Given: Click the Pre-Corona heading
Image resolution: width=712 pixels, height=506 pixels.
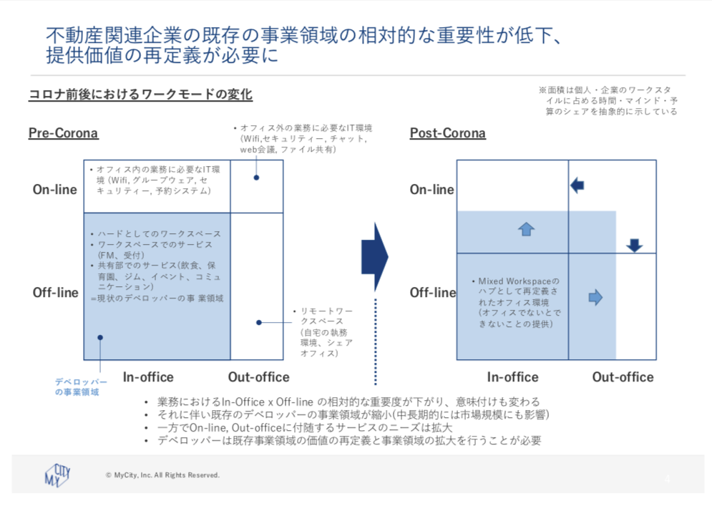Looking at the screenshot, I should (63, 133).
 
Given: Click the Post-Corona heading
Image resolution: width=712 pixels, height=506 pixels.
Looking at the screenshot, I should (447, 133).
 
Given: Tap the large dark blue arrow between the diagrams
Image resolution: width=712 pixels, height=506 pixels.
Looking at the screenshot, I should (374, 256).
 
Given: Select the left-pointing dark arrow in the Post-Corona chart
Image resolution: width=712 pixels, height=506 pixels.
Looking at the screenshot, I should (577, 186).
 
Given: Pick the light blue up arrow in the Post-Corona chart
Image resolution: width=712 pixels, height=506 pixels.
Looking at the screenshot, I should (527, 228).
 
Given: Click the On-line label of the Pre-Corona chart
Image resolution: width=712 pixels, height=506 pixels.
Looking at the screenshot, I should (55, 190).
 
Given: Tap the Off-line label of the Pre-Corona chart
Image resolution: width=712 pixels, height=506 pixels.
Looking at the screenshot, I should (55, 292).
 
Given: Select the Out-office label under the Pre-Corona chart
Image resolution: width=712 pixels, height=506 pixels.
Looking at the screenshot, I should (258, 377).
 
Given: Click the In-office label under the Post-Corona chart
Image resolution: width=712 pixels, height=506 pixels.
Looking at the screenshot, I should (512, 377).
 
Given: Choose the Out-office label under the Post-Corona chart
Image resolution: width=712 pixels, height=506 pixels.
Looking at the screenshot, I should (623, 377).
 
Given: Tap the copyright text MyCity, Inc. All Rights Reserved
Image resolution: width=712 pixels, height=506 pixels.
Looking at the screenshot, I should (162, 475).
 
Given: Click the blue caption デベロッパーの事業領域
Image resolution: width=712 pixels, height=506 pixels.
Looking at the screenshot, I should (81, 386).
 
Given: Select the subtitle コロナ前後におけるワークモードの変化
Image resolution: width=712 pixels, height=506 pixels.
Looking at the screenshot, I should (140, 94).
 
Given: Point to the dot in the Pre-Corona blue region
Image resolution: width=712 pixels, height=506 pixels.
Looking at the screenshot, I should (100, 337).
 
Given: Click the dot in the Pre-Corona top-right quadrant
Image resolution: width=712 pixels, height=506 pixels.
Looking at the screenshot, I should (256, 177).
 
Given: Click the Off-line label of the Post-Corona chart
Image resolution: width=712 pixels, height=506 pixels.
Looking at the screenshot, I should (432, 292).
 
